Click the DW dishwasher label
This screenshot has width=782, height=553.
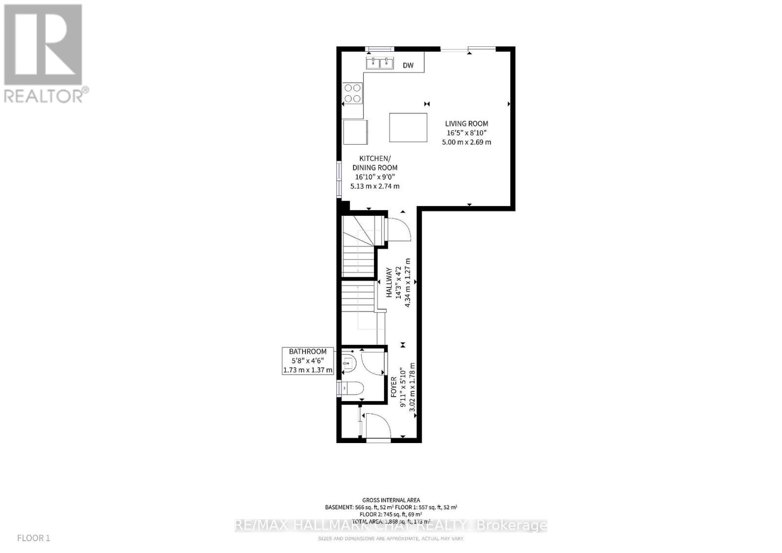[x=408, y=65]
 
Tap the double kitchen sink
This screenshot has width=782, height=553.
[x=380, y=63]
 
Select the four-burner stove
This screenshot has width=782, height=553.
[x=352, y=93]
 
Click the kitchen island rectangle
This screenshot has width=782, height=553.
[x=408, y=127]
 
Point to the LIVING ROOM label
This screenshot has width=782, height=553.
[x=466, y=124]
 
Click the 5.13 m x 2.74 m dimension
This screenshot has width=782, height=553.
[x=375, y=186]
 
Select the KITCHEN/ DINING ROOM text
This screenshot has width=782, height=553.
[x=375, y=163]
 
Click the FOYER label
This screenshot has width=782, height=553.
[x=394, y=386]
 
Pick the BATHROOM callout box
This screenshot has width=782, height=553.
[x=308, y=361]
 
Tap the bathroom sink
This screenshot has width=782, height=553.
[x=348, y=362]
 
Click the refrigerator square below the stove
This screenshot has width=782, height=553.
[x=355, y=132]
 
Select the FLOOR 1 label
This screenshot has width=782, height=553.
[x=33, y=538]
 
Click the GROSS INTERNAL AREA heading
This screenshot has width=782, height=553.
[x=391, y=500]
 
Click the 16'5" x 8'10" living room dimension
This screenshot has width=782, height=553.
[x=466, y=133]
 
